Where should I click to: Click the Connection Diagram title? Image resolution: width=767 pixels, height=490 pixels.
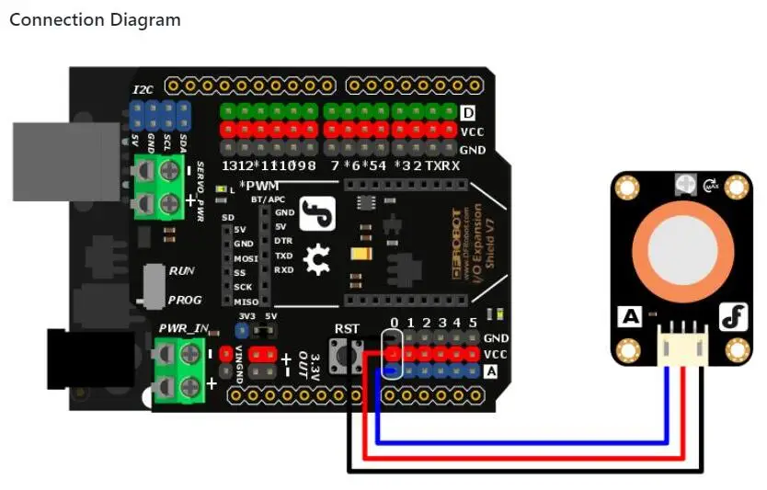tap(95, 19)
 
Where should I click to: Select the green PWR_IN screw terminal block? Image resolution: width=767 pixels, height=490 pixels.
tap(178, 370)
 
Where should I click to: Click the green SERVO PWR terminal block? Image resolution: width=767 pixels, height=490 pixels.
tap(157, 186)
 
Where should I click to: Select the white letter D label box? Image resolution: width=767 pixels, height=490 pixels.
tap(468, 113)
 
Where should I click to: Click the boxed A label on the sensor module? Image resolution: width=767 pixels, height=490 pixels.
tap(630, 317)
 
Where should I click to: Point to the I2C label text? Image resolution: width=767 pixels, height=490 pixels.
tap(143, 89)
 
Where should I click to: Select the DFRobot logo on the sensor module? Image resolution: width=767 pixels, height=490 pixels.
tap(732, 317)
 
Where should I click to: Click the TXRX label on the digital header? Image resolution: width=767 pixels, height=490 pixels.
tap(442, 166)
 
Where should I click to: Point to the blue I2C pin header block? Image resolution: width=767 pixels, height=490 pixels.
tap(160, 116)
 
